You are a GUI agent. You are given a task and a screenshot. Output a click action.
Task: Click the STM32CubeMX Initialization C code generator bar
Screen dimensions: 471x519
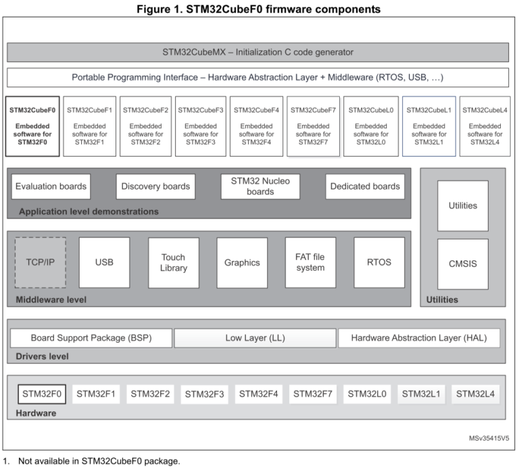click(x=257, y=52)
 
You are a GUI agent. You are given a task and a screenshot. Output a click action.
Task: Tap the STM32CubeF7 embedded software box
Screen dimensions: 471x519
click(x=313, y=126)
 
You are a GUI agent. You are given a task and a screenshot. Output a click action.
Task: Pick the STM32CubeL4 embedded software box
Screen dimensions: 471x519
click(x=485, y=126)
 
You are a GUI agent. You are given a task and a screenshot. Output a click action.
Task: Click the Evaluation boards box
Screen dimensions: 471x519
click(x=51, y=186)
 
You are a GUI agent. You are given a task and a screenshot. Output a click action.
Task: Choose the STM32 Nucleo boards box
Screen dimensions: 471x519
click(x=260, y=186)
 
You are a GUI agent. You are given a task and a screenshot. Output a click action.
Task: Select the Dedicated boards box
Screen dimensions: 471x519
click(x=365, y=186)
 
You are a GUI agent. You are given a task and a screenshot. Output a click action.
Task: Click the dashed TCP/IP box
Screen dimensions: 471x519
click(x=41, y=262)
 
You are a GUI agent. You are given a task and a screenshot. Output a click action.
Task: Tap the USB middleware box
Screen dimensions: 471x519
click(x=104, y=262)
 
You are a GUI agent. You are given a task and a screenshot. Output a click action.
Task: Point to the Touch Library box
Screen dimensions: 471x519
click(x=173, y=262)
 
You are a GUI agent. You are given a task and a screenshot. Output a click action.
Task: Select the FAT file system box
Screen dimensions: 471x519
click(x=310, y=262)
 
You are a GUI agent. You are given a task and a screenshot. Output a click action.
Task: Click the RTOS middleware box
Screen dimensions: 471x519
click(x=379, y=262)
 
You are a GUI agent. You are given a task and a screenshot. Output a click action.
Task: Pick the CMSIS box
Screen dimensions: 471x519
click(x=462, y=264)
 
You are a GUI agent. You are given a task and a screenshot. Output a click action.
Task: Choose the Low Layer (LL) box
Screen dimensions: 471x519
click(x=255, y=337)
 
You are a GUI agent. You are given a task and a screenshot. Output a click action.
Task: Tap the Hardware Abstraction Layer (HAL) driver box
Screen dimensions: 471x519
click(x=419, y=337)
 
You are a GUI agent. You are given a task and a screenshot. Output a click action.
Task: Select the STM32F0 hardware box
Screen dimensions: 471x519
click(x=42, y=393)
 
